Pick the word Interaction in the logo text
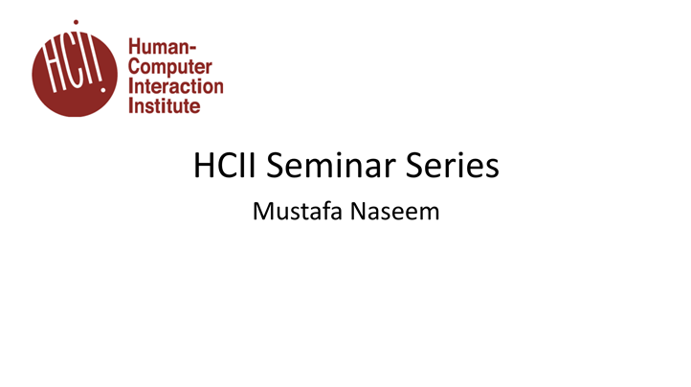tap(175, 86)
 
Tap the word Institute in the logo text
tap(165, 104)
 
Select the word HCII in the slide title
tap(227, 167)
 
